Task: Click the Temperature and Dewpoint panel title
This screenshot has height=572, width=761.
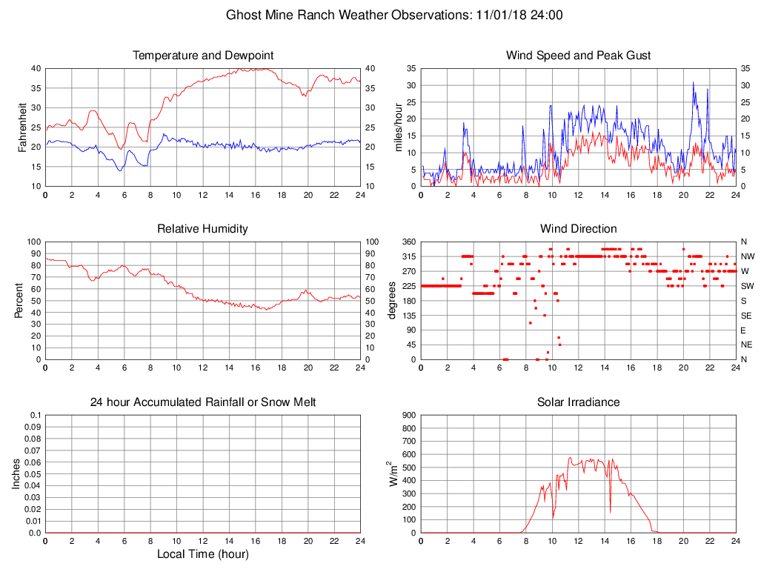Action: [x=203, y=56]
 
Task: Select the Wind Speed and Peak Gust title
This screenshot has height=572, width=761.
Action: [x=579, y=56]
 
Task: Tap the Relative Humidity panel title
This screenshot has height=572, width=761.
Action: [x=203, y=229]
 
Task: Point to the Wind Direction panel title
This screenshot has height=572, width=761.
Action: [x=579, y=229]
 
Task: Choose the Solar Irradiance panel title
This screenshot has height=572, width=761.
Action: [x=579, y=402]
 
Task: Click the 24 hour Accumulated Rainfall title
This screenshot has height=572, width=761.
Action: [x=203, y=402]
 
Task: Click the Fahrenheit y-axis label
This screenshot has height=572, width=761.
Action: [x=22, y=127]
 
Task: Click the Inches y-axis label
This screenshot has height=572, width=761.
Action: [x=16, y=474]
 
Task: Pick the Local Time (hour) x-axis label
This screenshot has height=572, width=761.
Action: [x=203, y=554]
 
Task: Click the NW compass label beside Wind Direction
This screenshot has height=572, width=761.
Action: [x=747, y=256]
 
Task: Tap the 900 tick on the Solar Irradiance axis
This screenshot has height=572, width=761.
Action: [x=409, y=415]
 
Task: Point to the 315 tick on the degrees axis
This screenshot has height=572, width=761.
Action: [x=409, y=256]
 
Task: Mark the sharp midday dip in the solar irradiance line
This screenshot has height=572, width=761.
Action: [x=611, y=511]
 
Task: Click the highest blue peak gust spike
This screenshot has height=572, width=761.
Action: [x=694, y=82]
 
